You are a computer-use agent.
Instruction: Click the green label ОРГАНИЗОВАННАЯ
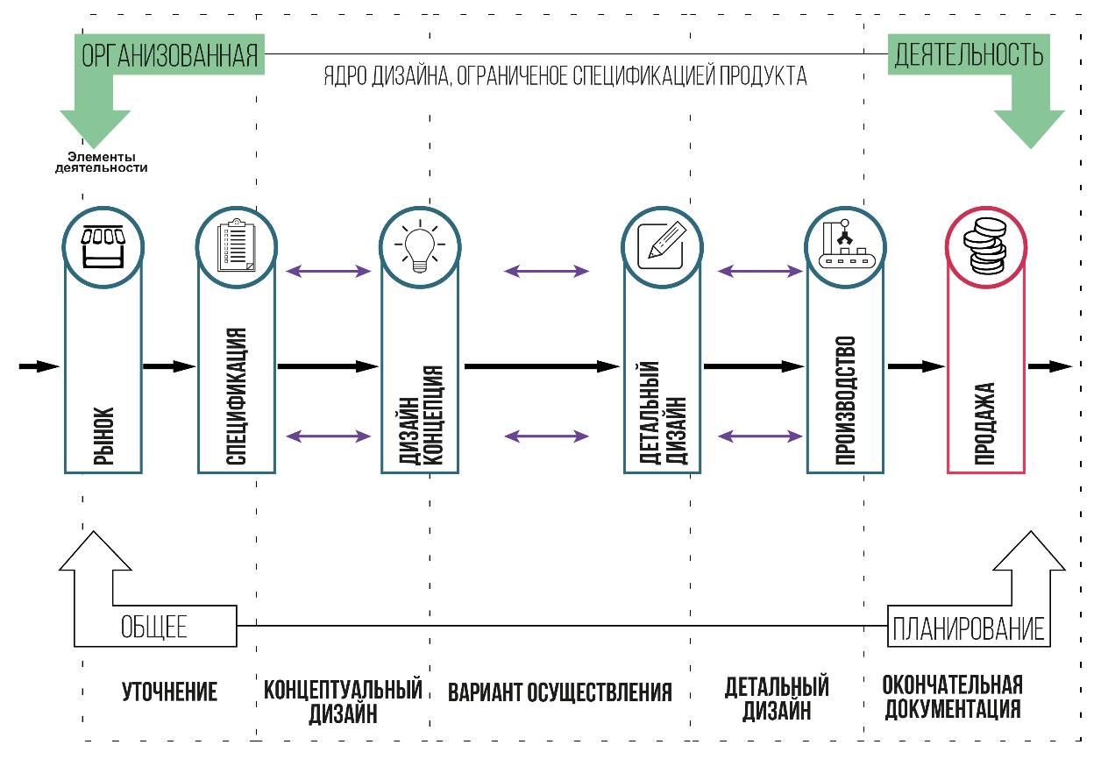(x=170, y=56)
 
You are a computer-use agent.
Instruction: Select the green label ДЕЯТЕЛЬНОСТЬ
(x=969, y=56)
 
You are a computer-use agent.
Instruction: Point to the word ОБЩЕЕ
(x=153, y=628)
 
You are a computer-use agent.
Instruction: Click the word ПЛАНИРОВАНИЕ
(x=969, y=628)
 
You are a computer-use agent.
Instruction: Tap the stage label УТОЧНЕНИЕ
(x=169, y=692)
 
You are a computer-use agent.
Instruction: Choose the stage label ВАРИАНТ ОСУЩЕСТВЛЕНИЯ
(x=560, y=692)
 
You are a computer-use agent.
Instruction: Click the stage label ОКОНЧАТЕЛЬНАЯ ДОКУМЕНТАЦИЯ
(x=953, y=696)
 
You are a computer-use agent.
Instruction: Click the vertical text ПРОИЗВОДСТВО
(x=845, y=399)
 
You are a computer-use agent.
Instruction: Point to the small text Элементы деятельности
(x=101, y=162)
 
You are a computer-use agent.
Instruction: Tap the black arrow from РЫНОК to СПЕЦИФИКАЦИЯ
(x=169, y=366)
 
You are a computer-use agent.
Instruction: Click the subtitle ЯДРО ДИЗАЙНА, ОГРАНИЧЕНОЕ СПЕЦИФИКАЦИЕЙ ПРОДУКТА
(x=565, y=76)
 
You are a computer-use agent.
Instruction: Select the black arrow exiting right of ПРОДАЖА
(x=1049, y=366)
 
